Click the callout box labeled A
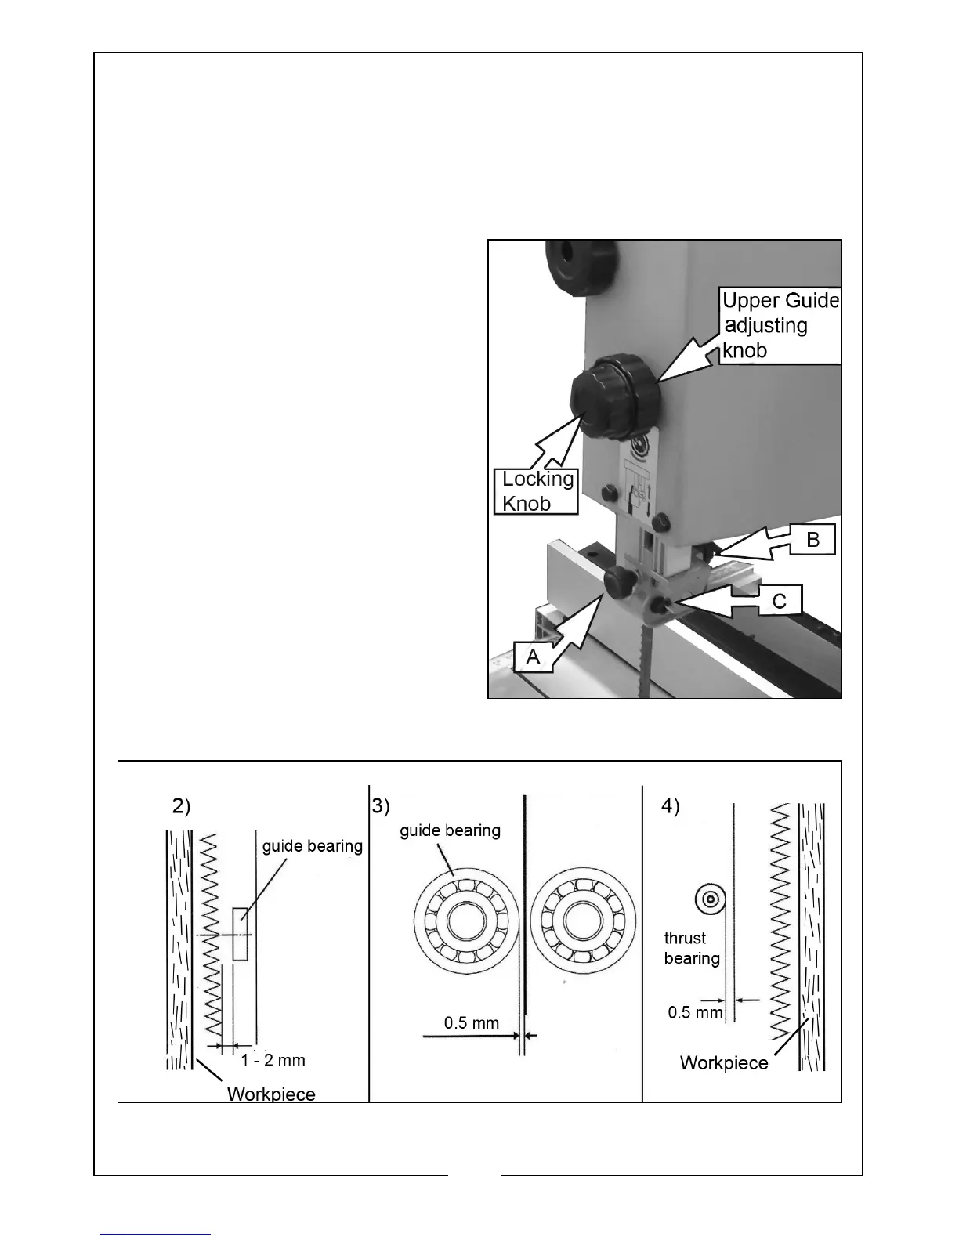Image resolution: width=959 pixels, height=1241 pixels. click(534, 656)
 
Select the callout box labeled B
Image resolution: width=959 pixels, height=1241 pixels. click(812, 541)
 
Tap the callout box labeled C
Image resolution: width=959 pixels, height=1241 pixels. click(780, 601)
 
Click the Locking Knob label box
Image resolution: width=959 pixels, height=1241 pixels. click(537, 491)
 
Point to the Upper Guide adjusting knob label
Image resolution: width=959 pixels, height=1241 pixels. click(780, 325)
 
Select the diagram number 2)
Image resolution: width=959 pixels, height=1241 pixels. click(181, 806)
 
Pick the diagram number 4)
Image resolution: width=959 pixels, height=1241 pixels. click(671, 806)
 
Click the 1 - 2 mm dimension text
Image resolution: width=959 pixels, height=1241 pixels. click(273, 1060)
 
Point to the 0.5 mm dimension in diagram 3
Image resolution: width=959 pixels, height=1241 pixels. click(471, 1022)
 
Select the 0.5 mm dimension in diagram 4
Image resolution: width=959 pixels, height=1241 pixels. click(695, 1012)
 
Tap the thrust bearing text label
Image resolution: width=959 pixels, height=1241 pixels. click(691, 948)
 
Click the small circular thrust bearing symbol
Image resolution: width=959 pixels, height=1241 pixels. click(710, 899)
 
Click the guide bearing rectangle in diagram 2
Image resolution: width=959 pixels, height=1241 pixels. click(241, 934)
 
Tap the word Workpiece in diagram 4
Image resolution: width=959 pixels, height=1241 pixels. click(724, 1063)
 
